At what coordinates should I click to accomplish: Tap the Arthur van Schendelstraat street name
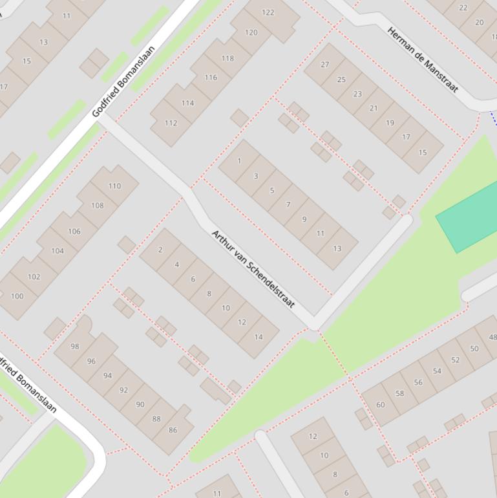[x=253, y=268]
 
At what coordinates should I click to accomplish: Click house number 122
[x=268, y=12]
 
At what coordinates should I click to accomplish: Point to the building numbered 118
[x=227, y=58]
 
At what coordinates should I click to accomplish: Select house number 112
[x=171, y=123]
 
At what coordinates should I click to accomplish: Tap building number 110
[x=114, y=186]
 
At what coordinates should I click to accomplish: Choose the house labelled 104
[x=58, y=251]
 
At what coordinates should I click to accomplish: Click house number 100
[x=17, y=297]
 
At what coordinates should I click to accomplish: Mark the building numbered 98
[x=75, y=347]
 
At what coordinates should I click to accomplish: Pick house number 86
[x=173, y=430]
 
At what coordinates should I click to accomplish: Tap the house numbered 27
[x=325, y=65]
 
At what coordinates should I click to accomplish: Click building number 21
[x=374, y=108]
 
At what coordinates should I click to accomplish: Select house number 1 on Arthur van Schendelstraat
[x=239, y=161]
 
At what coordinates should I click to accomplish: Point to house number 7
[x=288, y=205]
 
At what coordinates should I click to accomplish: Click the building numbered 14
[x=259, y=337]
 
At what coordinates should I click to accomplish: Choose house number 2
[x=160, y=250]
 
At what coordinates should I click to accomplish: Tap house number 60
[x=381, y=406]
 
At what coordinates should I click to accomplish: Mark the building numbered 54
[x=438, y=371]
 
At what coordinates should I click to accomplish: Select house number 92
[x=123, y=390]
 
